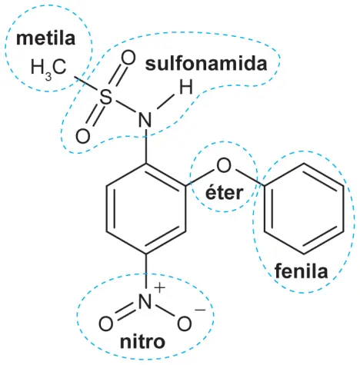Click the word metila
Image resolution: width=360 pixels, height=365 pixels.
[45, 38]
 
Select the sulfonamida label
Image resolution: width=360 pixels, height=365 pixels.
[206, 64]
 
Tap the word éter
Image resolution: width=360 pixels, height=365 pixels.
[224, 193]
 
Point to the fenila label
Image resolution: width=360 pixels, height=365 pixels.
[302, 271]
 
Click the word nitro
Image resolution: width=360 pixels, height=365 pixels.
[142, 341]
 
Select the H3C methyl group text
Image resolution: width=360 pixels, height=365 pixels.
[48, 68]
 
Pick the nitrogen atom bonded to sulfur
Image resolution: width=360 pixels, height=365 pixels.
[145, 120]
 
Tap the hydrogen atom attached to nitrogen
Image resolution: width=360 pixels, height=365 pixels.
[185, 87]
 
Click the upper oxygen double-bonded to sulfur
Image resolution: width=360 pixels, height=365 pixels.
[128, 58]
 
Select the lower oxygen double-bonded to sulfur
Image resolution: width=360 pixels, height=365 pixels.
[82, 136]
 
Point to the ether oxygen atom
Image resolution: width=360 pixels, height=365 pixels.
[224, 166]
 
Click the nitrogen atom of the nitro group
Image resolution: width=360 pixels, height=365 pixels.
[145, 300]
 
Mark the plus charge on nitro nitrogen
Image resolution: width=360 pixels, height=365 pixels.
[159, 287]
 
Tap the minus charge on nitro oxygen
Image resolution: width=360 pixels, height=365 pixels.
[200, 310]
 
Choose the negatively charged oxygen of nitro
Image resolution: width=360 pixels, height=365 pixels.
[184, 324]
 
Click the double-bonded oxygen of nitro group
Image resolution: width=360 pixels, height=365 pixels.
[105, 324]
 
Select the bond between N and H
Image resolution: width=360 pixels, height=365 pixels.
[165, 102]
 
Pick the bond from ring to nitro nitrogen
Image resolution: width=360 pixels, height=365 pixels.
[146, 271]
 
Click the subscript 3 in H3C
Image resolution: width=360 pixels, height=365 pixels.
[48, 77]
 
